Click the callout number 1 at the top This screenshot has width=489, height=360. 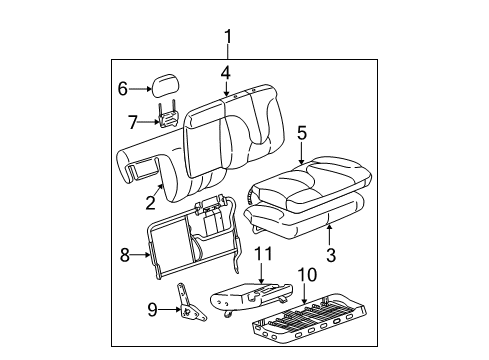(x=228, y=37)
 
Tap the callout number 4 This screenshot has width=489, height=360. (x=226, y=73)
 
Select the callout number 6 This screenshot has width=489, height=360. (x=123, y=89)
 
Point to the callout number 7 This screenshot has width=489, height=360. (x=133, y=122)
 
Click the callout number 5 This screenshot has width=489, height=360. (x=302, y=133)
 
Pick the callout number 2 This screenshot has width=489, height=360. (x=151, y=203)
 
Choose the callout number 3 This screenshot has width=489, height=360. (x=331, y=255)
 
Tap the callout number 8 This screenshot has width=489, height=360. (x=125, y=255)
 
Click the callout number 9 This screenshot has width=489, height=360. (x=152, y=310)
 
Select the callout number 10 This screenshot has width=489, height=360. (x=307, y=275)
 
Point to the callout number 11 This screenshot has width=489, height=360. (x=263, y=254)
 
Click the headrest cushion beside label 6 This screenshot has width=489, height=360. (x=165, y=85)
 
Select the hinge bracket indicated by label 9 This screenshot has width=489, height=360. (x=190, y=304)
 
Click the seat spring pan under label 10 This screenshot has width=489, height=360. (x=309, y=318)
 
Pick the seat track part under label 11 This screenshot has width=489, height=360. (x=251, y=296)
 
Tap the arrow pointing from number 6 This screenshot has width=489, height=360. (x=141, y=89)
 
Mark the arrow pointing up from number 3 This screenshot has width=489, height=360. (x=329, y=236)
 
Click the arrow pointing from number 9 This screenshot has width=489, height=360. (x=169, y=310)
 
